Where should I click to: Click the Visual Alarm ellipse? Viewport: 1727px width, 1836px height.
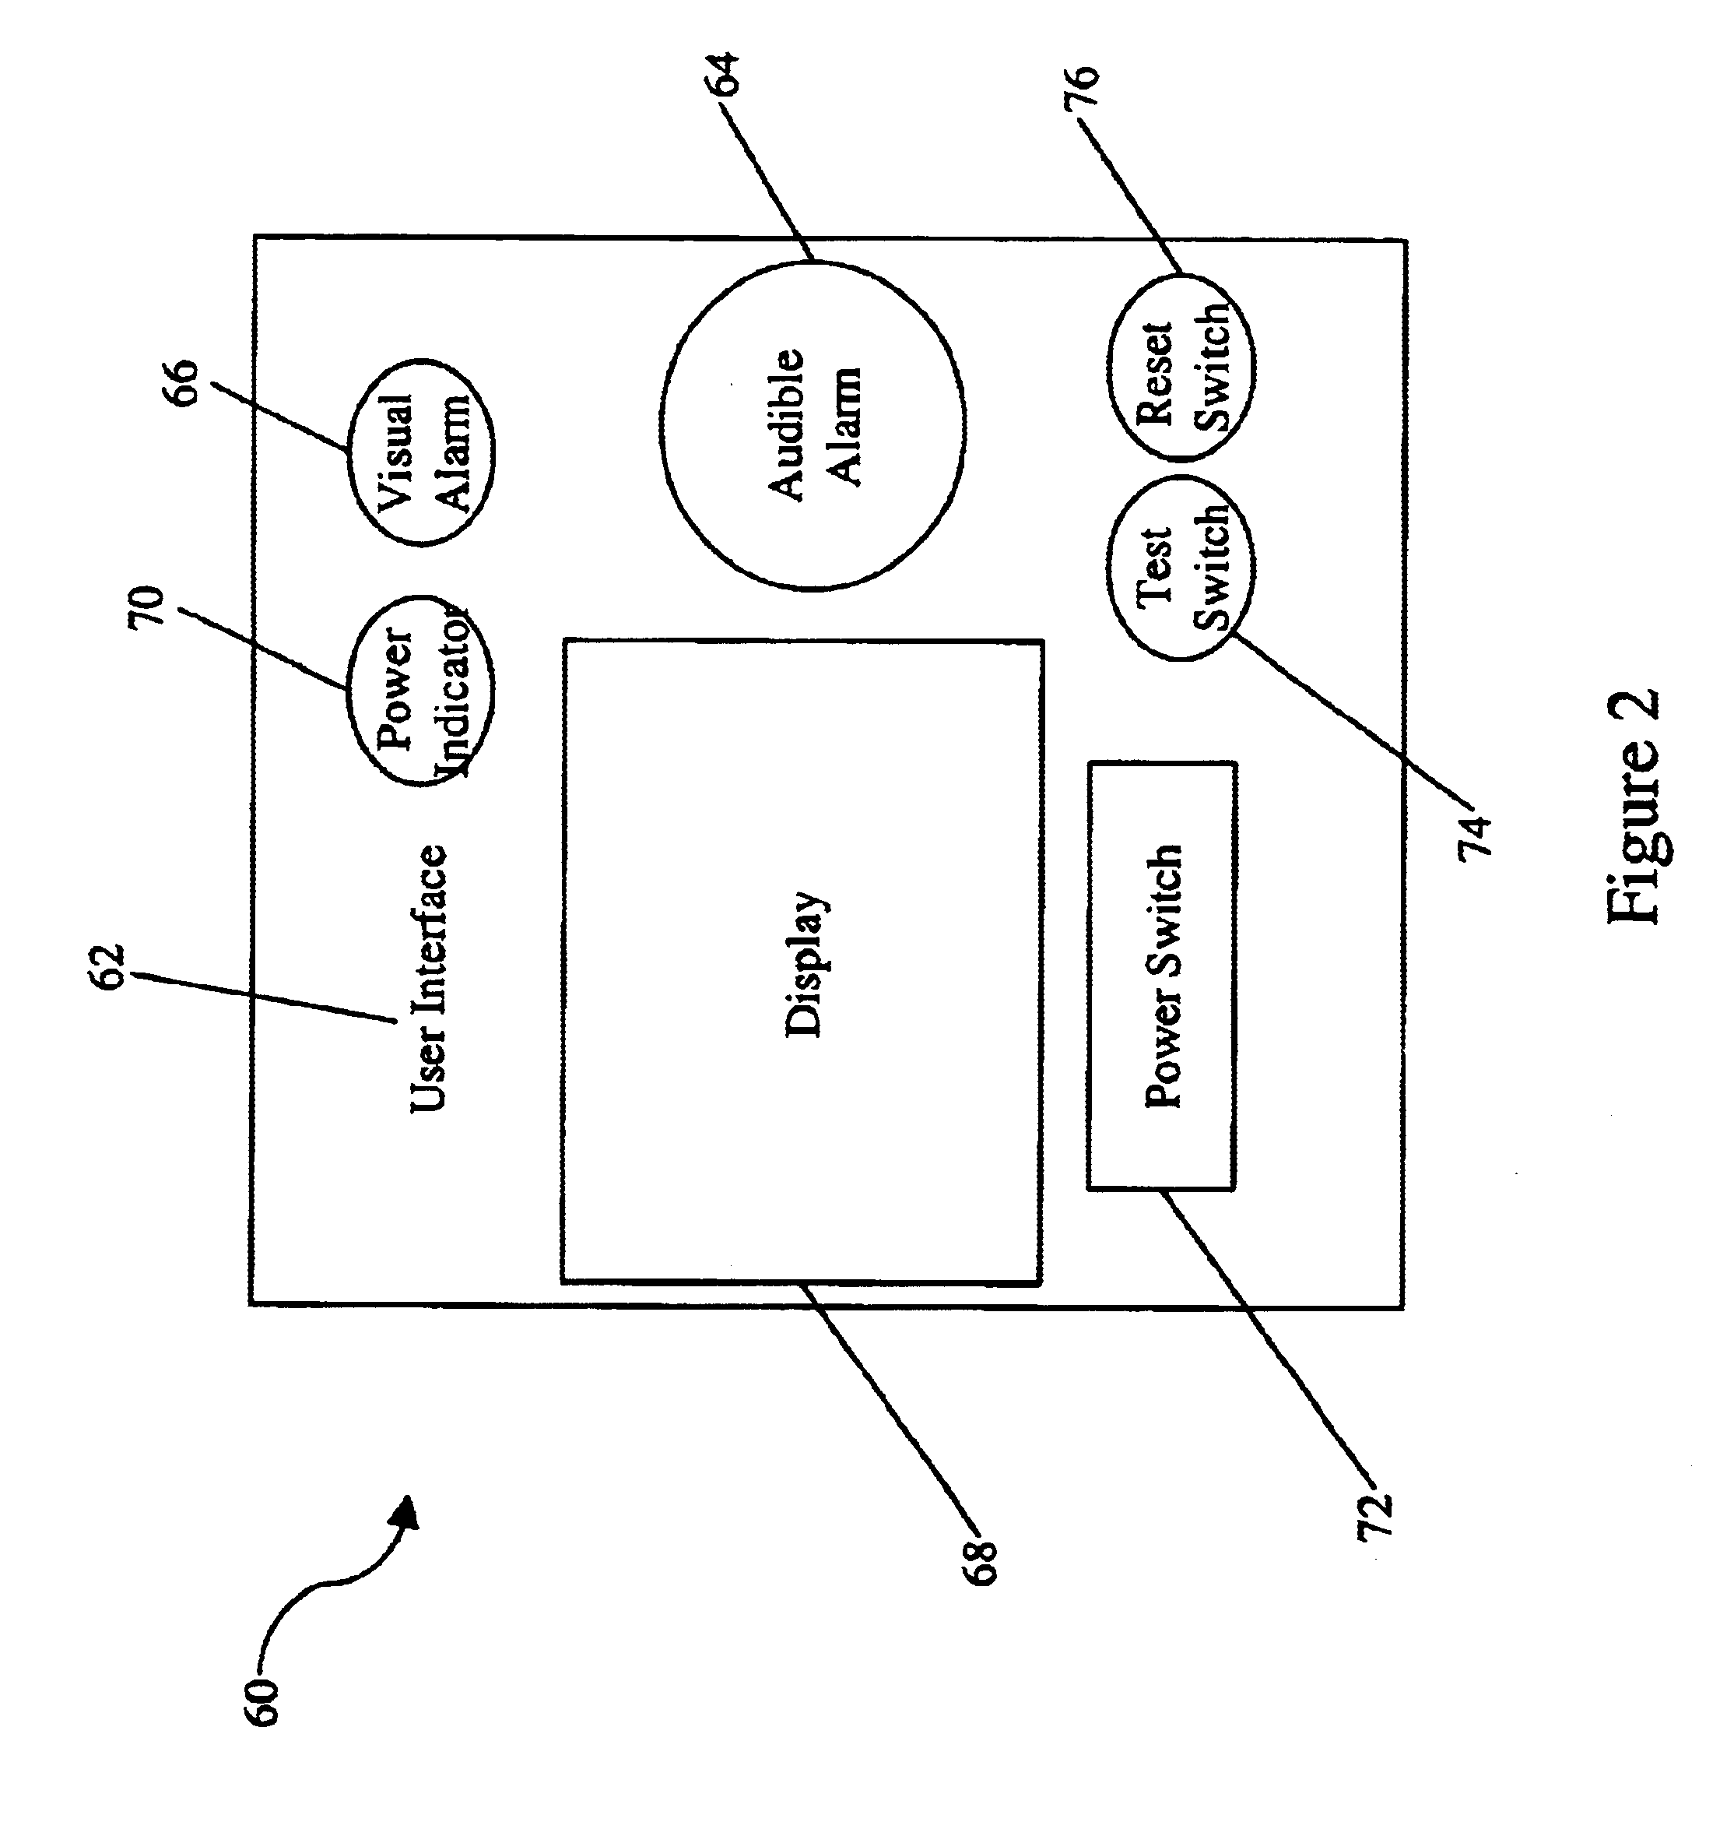pos(421,452)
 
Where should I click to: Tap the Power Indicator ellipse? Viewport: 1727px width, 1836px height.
pos(421,690)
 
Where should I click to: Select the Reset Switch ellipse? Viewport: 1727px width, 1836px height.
pos(1181,368)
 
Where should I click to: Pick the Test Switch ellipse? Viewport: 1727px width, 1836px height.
pos(1181,568)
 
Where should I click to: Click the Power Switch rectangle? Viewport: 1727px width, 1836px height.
pos(1162,976)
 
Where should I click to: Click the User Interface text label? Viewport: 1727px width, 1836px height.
pos(428,978)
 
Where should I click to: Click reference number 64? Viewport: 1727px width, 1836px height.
pos(723,74)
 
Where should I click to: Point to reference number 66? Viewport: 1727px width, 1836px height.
pos(181,382)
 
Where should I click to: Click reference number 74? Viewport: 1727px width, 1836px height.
pos(1474,834)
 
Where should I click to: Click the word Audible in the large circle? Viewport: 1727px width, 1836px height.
pos(786,425)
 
